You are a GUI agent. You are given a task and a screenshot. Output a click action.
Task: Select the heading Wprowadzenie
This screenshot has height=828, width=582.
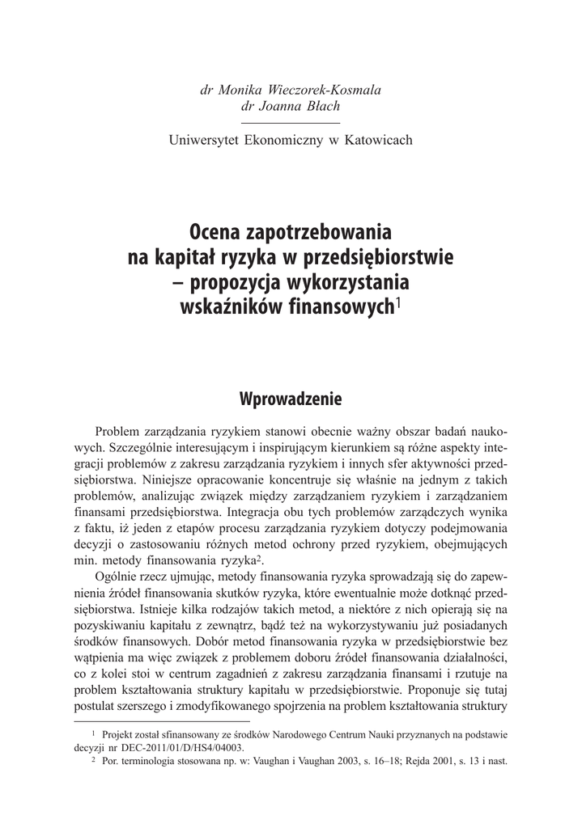click(x=291, y=399)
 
